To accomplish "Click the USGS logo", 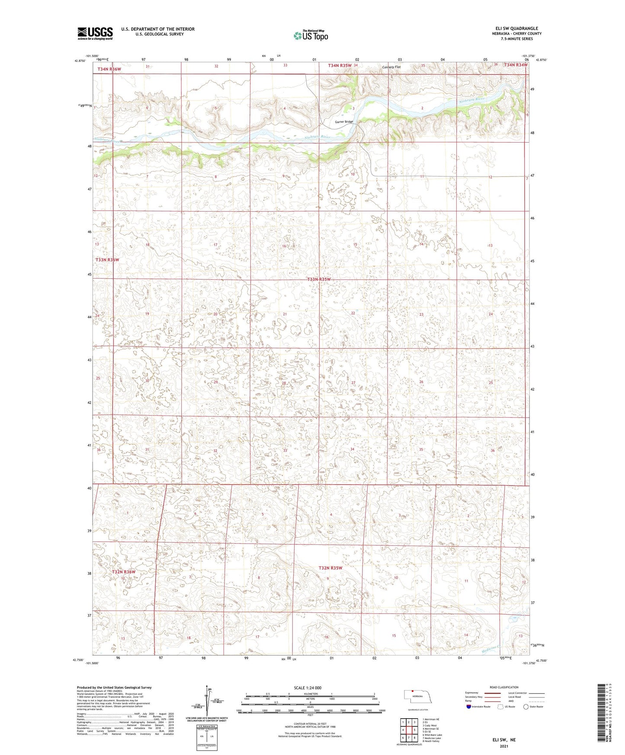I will [x=95, y=33].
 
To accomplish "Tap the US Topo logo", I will [x=311, y=36].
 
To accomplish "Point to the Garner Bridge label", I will [x=344, y=122].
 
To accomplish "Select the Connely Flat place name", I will [x=391, y=67].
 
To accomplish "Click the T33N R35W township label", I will [x=319, y=279].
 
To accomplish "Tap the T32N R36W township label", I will [x=124, y=572].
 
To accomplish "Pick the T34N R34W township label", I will [x=516, y=65].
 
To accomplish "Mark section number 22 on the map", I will [x=353, y=313].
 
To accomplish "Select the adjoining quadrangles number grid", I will [x=408, y=730].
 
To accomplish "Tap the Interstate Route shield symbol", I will [x=469, y=707].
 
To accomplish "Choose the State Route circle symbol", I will [x=526, y=707].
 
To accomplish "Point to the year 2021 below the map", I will [x=504, y=746].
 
